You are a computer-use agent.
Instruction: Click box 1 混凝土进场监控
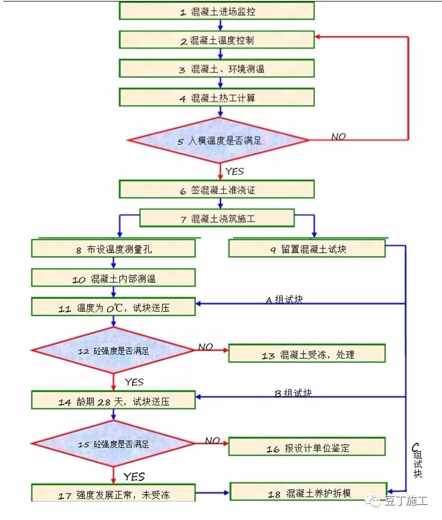(x=217, y=11)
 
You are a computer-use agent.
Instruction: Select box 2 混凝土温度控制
(x=217, y=40)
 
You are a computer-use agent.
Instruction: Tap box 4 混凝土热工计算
(x=217, y=97)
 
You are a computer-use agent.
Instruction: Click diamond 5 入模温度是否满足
(x=218, y=141)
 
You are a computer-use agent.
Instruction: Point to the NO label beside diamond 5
(x=339, y=137)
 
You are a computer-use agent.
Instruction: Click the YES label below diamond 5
(x=235, y=171)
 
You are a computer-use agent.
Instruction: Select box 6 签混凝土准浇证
(x=217, y=190)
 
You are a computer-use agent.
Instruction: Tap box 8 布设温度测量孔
(x=113, y=249)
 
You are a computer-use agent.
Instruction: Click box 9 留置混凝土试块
(x=307, y=249)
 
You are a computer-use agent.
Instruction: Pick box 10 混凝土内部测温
(x=113, y=279)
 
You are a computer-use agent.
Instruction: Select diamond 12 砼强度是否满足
(x=113, y=351)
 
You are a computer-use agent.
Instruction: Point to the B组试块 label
(x=293, y=393)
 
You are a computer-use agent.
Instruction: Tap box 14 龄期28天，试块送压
(x=113, y=401)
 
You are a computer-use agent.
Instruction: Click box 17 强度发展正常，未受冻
(x=113, y=494)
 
